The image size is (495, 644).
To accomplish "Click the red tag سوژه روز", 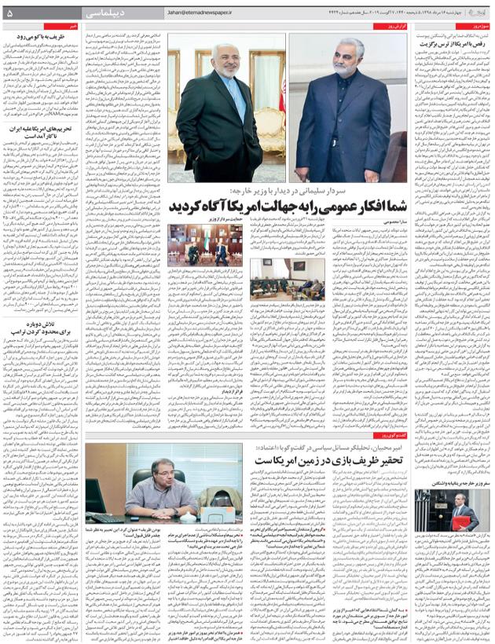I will [480, 26].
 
